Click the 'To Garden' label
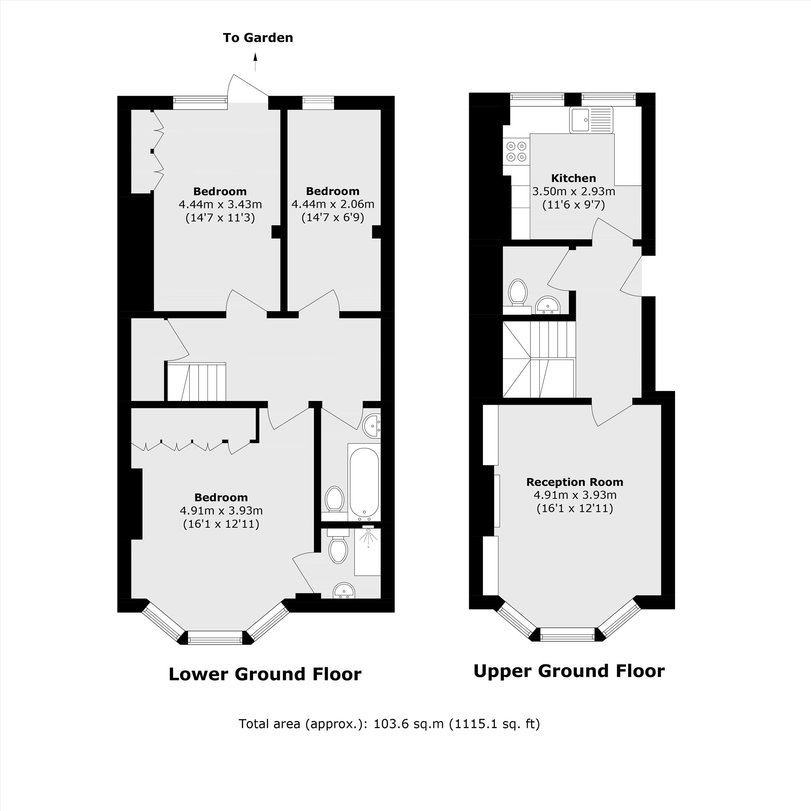258,38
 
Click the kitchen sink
591,120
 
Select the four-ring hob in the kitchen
516,152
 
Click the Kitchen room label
573,178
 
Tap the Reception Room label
574,482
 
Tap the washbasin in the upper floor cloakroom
548,305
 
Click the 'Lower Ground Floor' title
265,674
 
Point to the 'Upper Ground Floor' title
569,671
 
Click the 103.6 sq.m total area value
408,724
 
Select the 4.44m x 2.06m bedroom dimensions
333,204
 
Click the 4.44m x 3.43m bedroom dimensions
220,204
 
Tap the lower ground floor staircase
196,382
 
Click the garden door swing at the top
247,88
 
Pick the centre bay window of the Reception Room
568,634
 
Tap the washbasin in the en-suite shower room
344,591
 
